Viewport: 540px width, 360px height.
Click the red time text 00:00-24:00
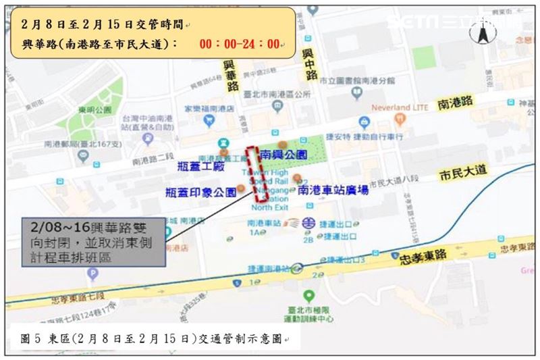point(240,45)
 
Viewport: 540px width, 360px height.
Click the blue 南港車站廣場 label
point(333,190)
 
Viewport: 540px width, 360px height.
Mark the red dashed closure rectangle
point(255,174)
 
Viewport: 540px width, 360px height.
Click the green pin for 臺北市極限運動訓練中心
point(308,296)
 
